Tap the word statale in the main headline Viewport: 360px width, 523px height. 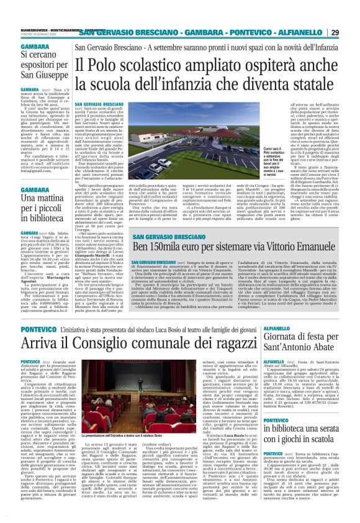point(315,85)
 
